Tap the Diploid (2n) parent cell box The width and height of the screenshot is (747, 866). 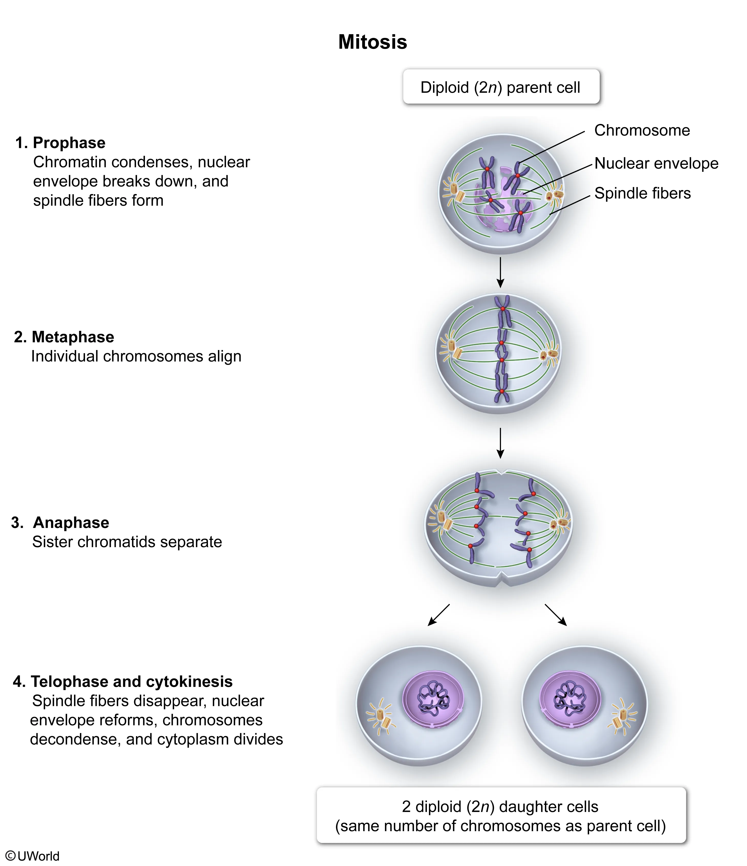501,87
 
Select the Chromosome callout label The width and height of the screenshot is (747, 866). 642,130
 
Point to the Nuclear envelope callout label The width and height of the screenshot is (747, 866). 656,163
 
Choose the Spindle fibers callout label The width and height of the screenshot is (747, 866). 642,193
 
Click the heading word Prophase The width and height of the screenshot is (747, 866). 69,143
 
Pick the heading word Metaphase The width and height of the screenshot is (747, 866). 73,337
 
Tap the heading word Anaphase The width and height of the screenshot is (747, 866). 71,522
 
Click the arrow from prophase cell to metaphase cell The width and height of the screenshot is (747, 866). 500,272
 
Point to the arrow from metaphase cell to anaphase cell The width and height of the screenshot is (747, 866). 500,443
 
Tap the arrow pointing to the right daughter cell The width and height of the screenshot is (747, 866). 556,615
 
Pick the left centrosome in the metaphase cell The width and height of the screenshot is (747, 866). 454,350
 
